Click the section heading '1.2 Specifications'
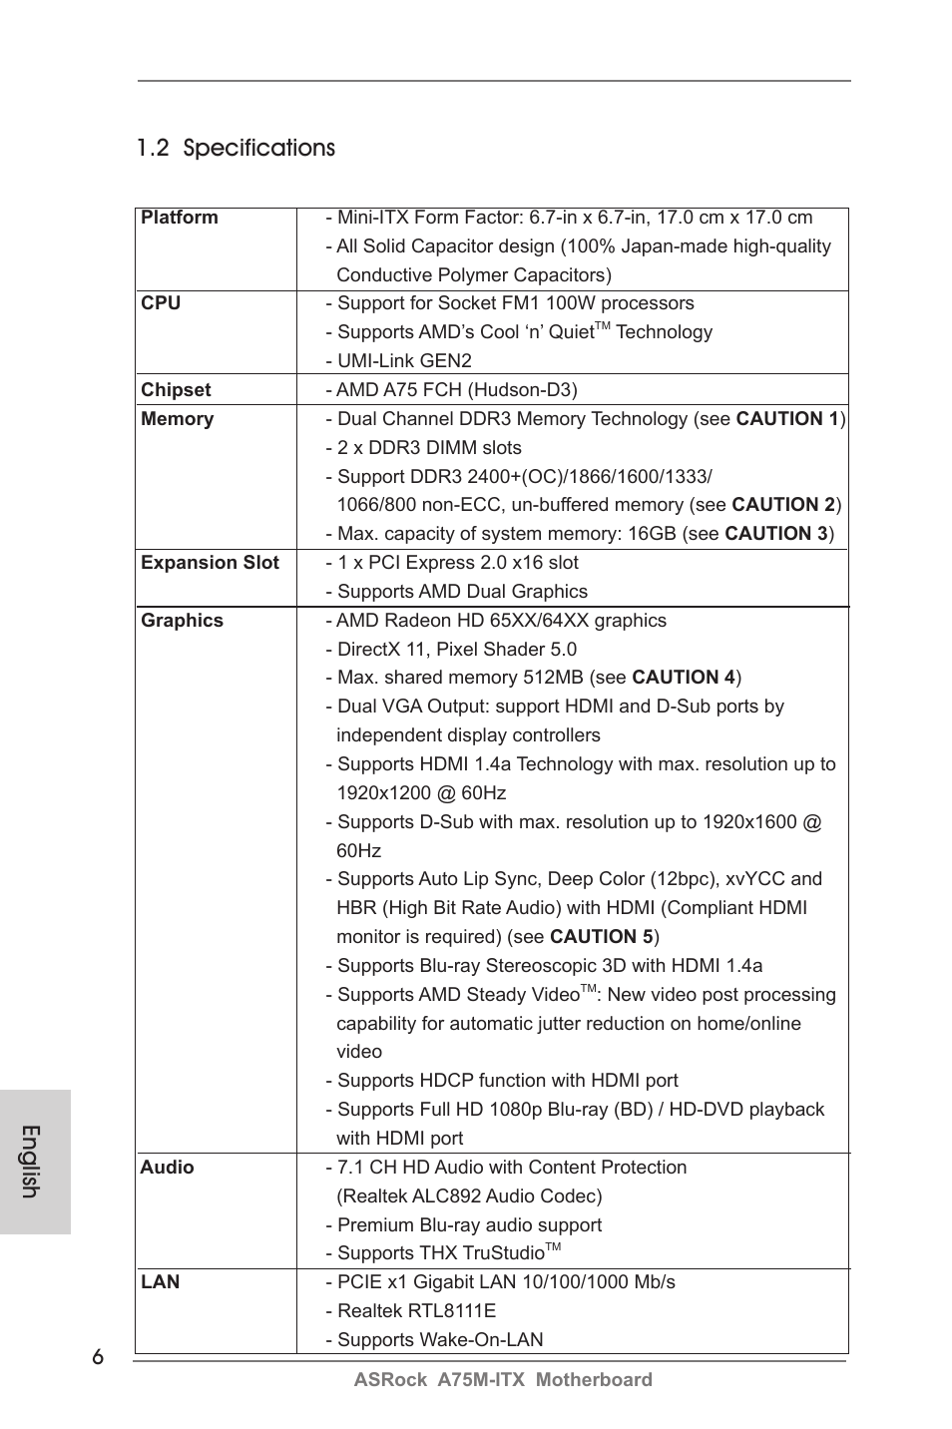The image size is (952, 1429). tap(237, 148)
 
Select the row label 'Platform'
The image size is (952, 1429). tap(180, 218)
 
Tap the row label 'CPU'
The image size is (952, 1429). tap(161, 303)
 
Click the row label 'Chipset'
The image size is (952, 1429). tap(176, 390)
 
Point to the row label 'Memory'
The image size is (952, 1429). tap(177, 419)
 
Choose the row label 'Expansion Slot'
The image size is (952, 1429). tap(210, 563)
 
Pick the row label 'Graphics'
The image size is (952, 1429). tap(182, 621)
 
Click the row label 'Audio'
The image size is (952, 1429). tap(167, 1168)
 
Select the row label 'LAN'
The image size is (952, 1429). tap(160, 1282)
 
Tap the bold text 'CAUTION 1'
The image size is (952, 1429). tap(787, 419)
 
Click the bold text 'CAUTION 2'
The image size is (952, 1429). tap(783, 505)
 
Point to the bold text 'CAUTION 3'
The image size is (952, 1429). tap(776, 534)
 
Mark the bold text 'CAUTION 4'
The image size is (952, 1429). tap(684, 678)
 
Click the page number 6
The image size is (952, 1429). tap(97, 1357)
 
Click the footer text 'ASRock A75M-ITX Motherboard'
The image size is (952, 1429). tap(503, 1380)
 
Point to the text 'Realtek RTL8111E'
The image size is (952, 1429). tap(416, 1311)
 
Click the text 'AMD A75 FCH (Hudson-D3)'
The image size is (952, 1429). tap(456, 390)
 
